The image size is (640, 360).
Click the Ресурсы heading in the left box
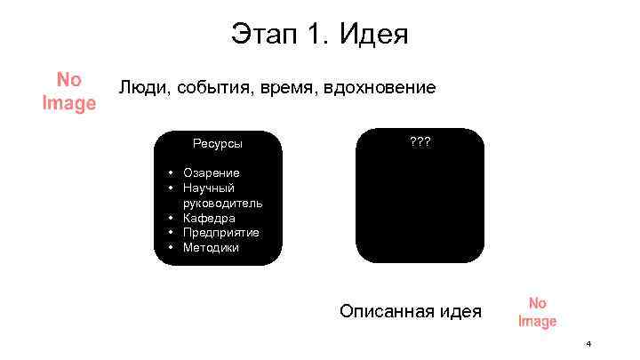tap(218, 143)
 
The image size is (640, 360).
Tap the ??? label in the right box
tap(420, 141)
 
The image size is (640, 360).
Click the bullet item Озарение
tap(211, 172)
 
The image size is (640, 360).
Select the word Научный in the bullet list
tap(209, 188)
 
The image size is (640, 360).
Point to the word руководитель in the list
tap(222, 203)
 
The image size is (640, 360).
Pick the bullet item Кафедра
tap(209, 218)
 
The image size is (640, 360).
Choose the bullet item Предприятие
tap(221, 232)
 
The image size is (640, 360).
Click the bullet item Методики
tap(211, 247)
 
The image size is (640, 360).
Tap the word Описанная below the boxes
tap(387, 311)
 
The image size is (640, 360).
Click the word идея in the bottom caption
tap(460, 311)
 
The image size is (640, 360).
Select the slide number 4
tap(588, 343)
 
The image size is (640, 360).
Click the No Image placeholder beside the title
tap(68, 92)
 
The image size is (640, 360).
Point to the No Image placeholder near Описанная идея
tap(537, 312)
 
